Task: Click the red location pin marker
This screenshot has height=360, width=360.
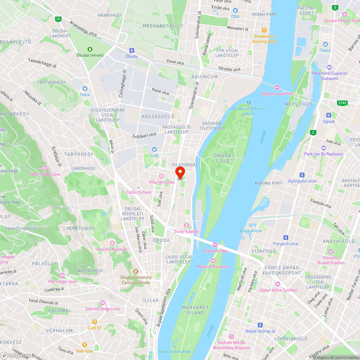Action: click(x=180, y=172)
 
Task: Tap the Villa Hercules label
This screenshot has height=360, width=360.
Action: click(x=161, y=182)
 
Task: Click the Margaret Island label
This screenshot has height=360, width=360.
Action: click(x=195, y=310)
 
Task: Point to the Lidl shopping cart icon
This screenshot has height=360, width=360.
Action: click(x=154, y=149)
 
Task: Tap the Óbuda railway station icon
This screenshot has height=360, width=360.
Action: click(x=131, y=51)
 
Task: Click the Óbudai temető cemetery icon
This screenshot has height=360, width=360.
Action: click(x=90, y=49)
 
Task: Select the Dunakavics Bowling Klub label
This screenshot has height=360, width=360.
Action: click(x=265, y=39)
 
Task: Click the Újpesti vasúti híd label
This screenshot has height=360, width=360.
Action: click(x=277, y=94)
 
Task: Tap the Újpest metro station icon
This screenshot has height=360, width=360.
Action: click(x=328, y=115)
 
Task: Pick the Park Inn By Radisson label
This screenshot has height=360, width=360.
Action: click(x=324, y=154)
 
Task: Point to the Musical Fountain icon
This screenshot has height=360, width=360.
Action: click(x=213, y=261)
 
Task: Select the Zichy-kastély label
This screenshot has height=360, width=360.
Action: click(x=186, y=231)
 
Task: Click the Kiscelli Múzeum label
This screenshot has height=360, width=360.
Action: click(x=112, y=249)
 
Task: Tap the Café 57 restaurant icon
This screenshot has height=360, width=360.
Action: click(x=95, y=322)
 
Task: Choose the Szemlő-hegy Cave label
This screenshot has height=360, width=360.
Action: click(x=103, y=309)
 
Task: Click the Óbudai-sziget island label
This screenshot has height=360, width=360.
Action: click(x=224, y=158)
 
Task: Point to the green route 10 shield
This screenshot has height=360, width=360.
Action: click(x=58, y=19)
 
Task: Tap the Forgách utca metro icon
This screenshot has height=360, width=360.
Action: click(x=285, y=238)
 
